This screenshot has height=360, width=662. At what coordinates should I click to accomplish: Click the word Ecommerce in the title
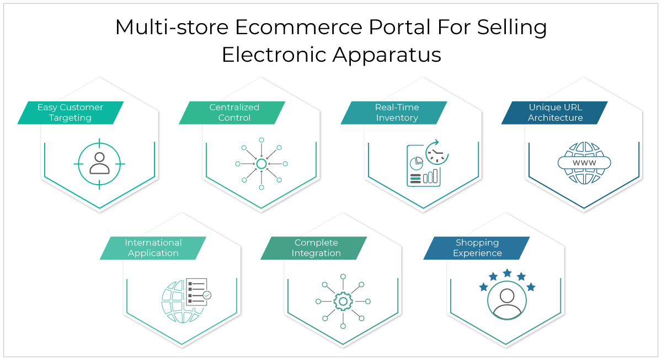click(298, 27)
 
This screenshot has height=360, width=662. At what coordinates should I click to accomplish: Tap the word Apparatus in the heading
click(387, 55)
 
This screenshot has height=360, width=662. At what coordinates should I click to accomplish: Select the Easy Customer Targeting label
click(71, 112)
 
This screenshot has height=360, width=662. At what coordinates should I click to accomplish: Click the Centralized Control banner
click(232, 112)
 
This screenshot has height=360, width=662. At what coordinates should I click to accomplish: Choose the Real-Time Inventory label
click(394, 112)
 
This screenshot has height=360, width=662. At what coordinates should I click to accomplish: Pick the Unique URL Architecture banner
click(554, 112)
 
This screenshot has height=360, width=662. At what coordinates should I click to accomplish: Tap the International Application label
click(153, 248)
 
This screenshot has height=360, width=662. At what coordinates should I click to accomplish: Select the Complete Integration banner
click(313, 248)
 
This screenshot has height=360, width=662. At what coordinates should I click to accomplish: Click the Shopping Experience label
click(477, 248)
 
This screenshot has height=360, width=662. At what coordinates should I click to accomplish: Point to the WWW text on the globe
click(584, 163)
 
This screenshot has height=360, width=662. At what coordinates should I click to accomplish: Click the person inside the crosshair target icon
click(100, 163)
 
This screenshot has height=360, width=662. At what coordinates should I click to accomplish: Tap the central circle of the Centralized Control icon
click(261, 164)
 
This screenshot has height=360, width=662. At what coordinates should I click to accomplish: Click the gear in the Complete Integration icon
click(343, 301)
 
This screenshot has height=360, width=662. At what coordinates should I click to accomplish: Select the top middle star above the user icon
click(507, 273)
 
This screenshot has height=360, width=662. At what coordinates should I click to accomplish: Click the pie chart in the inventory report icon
click(417, 163)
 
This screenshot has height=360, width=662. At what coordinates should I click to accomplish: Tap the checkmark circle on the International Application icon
click(207, 295)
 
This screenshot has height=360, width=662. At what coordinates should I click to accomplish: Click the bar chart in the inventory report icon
click(430, 176)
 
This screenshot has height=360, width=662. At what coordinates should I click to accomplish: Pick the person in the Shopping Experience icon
click(507, 303)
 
